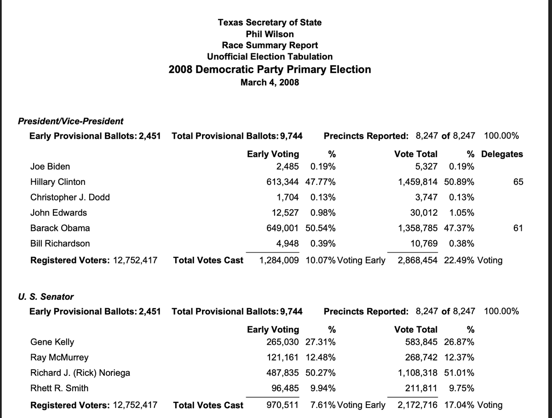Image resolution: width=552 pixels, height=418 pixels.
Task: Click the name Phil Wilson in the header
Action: tap(270, 34)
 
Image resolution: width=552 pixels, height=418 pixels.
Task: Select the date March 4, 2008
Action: tap(270, 82)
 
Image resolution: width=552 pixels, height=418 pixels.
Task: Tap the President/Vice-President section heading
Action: tap(70, 121)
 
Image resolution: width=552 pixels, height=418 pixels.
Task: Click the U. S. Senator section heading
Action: tap(46, 297)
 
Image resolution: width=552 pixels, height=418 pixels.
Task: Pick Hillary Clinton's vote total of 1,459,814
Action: tap(418, 182)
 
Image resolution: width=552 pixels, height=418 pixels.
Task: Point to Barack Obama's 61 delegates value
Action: tap(517, 228)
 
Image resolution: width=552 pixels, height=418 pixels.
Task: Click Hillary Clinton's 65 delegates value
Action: tap(518, 182)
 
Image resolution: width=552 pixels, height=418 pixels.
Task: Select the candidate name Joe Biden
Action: tap(50, 166)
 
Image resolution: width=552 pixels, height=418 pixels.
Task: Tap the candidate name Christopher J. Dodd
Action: tap(70, 197)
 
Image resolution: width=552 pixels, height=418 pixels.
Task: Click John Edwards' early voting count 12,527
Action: tap(283, 213)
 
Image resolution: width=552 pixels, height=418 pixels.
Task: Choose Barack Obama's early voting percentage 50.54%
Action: tap(320, 228)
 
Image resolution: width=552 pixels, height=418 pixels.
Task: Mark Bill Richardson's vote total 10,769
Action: tap(424, 243)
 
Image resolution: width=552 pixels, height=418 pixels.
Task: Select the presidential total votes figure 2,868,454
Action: tap(418, 261)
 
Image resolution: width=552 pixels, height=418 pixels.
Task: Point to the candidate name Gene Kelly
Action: tap(52, 342)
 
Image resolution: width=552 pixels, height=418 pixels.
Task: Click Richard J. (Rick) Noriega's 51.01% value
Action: tap(460, 373)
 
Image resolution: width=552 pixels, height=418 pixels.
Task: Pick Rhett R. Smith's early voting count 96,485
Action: tap(286, 388)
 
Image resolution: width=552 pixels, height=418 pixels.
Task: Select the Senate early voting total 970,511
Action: tap(283, 405)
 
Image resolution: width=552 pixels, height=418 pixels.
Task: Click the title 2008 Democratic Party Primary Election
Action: tap(270, 69)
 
